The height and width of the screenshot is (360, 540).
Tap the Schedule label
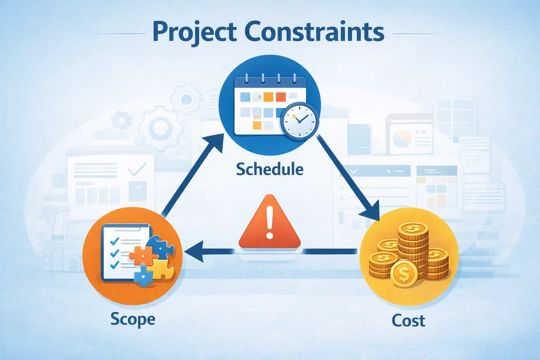click(270, 170)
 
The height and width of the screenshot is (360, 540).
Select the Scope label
click(133, 319)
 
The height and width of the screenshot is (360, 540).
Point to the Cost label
click(408, 320)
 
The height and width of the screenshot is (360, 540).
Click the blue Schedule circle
click(269, 106)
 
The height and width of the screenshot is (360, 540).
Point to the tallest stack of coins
click(409, 243)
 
